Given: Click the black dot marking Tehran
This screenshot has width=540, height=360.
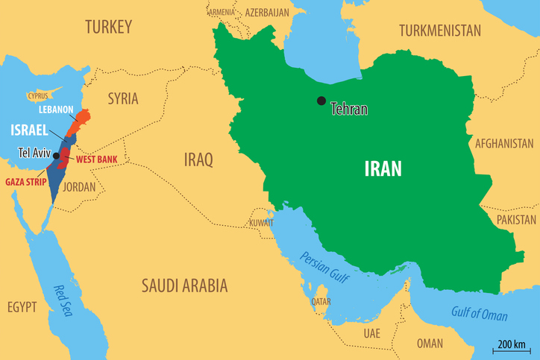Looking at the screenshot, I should (x=321, y=101).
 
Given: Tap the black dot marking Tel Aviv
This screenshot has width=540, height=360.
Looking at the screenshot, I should (x=56, y=155).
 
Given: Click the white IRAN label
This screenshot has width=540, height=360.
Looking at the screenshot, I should (x=383, y=168).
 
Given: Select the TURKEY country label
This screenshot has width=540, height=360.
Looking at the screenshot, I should (x=108, y=28).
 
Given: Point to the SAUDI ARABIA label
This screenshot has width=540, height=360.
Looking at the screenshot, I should (x=184, y=285).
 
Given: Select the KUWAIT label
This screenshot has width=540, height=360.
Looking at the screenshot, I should (x=261, y=222).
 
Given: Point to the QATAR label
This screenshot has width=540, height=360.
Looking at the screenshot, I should (x=321, y=302).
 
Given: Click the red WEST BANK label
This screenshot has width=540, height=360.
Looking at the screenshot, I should (x=96, y=160).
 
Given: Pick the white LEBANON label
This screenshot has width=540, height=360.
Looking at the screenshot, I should (x=56, y=110).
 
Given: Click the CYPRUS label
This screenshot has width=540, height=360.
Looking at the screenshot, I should (x=37, y=95).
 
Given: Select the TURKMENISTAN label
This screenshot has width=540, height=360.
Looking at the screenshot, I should (x=440, y=30).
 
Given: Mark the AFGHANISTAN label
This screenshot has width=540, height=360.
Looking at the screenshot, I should (x=504, y=143).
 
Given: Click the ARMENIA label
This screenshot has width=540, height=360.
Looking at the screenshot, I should (x=221, y=13).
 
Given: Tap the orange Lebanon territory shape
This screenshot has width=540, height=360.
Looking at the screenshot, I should (x=80, y=123).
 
